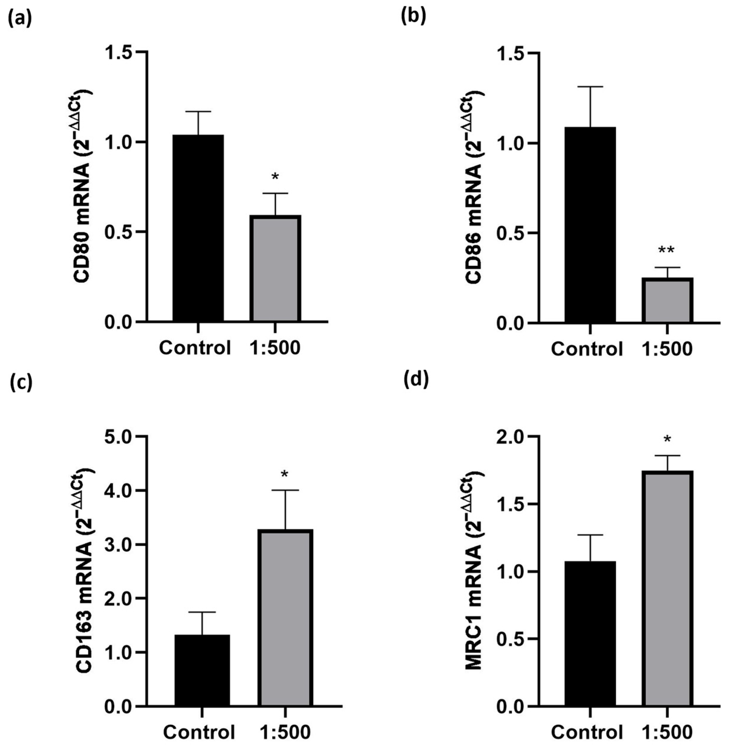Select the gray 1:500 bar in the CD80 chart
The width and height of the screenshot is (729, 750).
pos(275,268)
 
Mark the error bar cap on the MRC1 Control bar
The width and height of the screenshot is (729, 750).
pos(590,535)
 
